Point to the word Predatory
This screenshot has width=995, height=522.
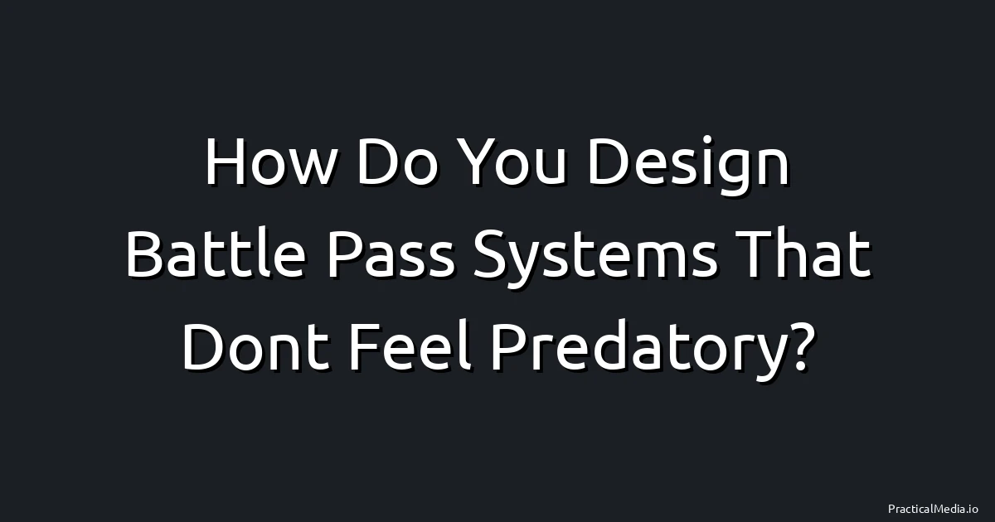[627, 350]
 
